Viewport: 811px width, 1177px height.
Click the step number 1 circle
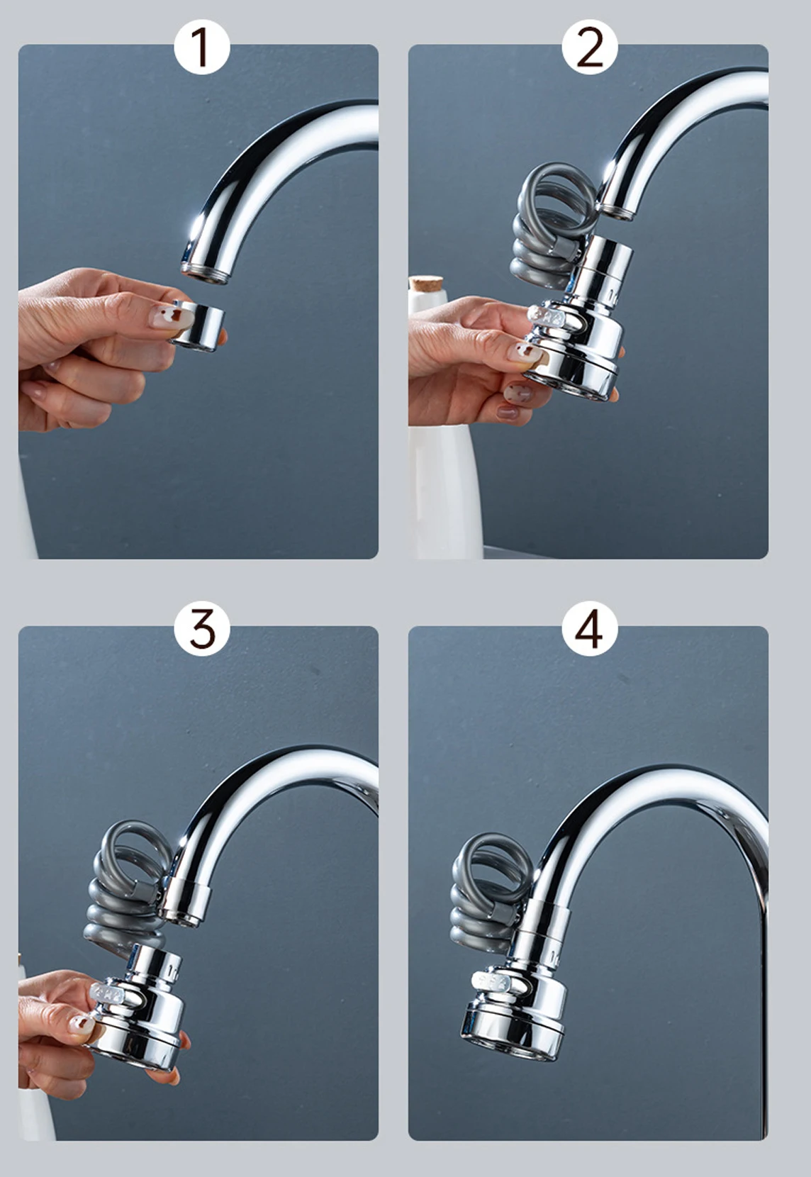pyautogui.click(x=202, y=49)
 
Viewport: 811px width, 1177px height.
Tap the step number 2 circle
pyautogui.click(x=589, y=49)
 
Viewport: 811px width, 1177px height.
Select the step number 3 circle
pyautogui.click(x=202, y=630)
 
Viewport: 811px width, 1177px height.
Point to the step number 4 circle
pyautogui.click(x=589, y=630)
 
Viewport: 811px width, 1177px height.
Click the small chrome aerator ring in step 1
pyautogui.click(x=198, y=325)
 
